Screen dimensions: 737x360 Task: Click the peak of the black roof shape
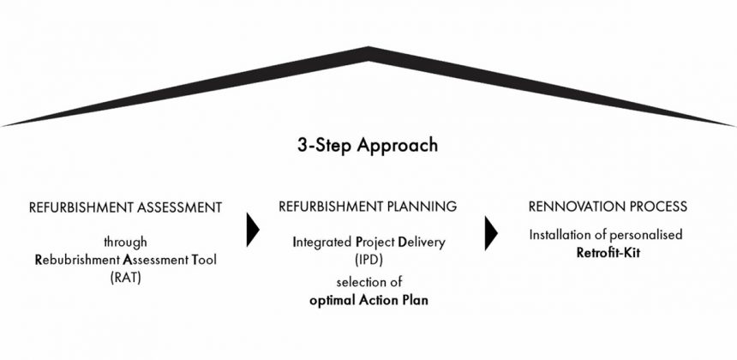[368, 47]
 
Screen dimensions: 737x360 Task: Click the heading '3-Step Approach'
[368, 145]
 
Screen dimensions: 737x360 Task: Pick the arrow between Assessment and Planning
[253, 230]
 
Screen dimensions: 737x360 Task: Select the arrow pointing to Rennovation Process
[491, 233]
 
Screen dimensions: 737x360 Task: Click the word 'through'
[125, 243]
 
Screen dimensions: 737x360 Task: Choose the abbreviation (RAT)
[125, 277]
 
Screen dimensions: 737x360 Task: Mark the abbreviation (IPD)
[368, 260]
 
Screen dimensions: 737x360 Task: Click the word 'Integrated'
[322, 243]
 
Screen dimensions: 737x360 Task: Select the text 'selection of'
[369, 282]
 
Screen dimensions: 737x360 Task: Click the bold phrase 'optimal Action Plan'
[369, 300]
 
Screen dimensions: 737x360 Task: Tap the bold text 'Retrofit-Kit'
[608, 252]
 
